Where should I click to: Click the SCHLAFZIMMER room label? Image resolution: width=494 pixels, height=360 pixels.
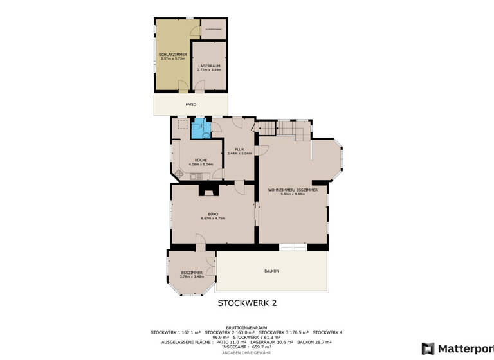(x=172, y=55)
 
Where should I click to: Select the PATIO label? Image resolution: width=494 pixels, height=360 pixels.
(x=191, y=104)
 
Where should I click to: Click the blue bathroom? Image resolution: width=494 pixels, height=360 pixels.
(x=201, y=128)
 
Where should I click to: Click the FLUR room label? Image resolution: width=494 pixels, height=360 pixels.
(x=239, y=149)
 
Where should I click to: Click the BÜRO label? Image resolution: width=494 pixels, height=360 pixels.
(x=212, y=213)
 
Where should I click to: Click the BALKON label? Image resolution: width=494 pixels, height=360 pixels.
(x=271, y=271)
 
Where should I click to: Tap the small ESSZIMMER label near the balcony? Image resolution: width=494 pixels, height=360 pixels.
(x=192, y=273)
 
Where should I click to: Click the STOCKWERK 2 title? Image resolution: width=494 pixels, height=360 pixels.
(x=247, y=302)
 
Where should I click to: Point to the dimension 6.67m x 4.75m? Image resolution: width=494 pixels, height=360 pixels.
(x=212, y=218)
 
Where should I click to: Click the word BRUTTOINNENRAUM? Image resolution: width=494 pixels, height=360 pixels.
(x=247, y=327)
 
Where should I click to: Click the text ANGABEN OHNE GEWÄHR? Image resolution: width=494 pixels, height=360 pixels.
(x=246, y=353)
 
